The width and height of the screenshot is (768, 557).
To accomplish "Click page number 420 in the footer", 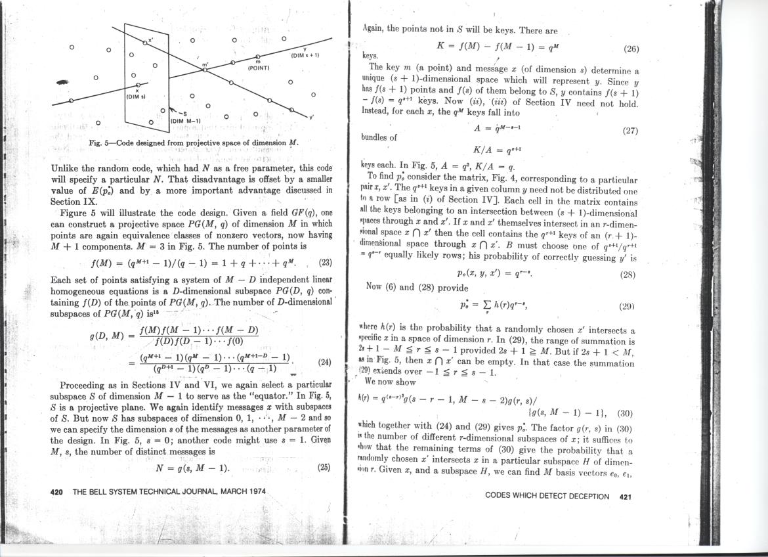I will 56,491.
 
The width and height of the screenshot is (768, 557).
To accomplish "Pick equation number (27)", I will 629,131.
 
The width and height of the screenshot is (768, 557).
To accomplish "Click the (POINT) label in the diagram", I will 259,68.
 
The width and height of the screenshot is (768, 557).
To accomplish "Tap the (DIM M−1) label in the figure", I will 185,120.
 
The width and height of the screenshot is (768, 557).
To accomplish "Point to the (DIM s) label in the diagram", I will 137,97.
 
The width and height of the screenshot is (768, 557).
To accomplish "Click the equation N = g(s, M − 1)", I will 192,468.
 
